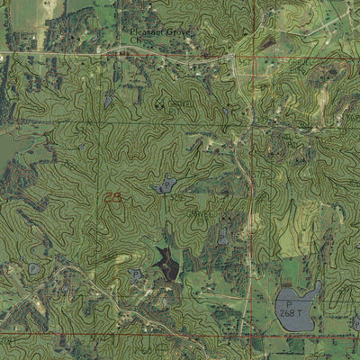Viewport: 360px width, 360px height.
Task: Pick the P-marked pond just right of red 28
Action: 164,185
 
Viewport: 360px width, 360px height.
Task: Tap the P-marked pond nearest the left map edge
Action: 34,268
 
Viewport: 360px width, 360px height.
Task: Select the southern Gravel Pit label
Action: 200,217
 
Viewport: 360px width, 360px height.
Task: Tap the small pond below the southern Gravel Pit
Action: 222,236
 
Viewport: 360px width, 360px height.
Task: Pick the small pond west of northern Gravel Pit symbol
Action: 109,100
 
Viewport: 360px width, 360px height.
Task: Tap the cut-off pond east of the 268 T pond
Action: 356,321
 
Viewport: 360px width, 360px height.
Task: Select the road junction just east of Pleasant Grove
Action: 232,58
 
